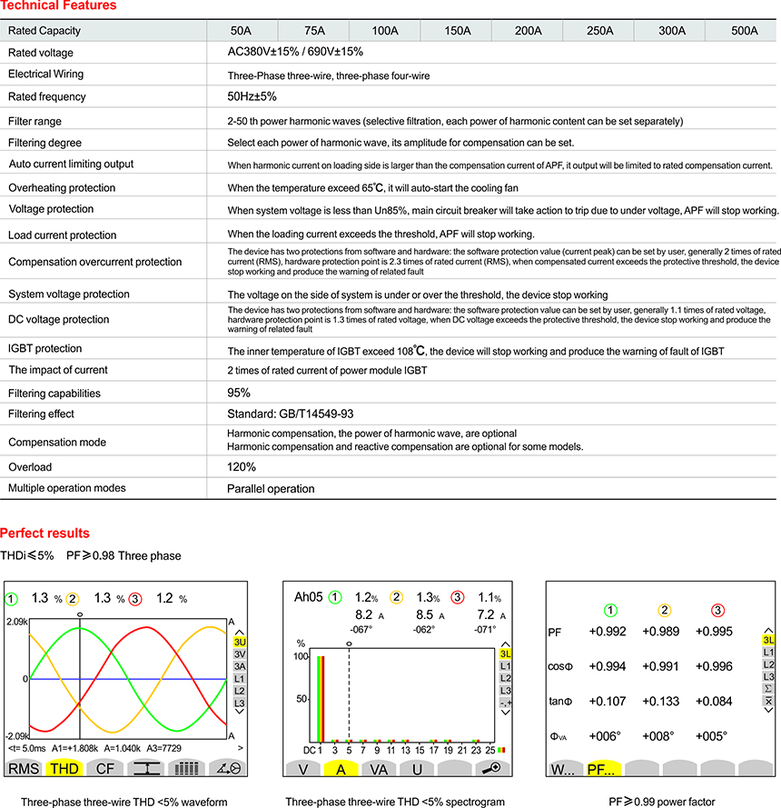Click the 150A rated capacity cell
pyautogui.click(x=457, y=31)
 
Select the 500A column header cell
pyautogui.click(x=744, y=31)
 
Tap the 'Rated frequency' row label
pyautogui.click(x=47, y=97)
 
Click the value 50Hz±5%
pyautogui.click(x=252, y=96)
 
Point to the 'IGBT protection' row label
pyautogui.click(x=45, y=349)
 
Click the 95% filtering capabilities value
pyautogui.click(x=240, y=392)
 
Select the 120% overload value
pyautogui.click(x=242, y=467)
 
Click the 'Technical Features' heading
pyautogui.click(x=57, y=6)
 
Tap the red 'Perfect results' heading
pyautogui.click(x=44, y=533)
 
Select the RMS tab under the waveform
pyautogui.click(x=25, y=768)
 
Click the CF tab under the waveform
pyautogui.click(x=105, y=768)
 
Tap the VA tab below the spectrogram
pyautogui.click(x=379, y=768)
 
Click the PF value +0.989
pyautogui.click(x=660, y=632)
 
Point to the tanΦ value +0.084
pyautogui.click(x=714, y=701)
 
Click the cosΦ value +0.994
pyautogui.click(x=607, y=666)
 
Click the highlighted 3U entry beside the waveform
pyautogui.click(x=241, y=642)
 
